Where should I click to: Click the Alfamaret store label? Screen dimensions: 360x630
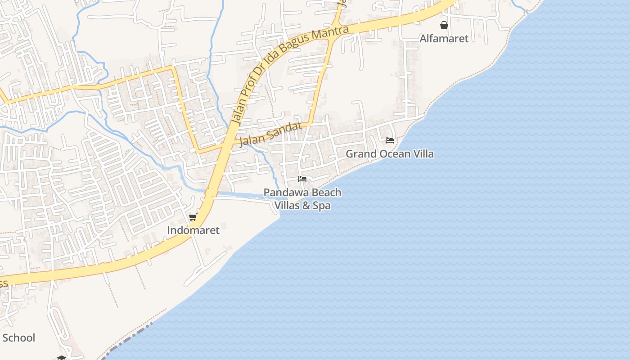coord(444,39)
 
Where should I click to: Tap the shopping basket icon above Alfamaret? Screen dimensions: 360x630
coord(444,25)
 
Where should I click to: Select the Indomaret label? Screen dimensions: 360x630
coord(193,230)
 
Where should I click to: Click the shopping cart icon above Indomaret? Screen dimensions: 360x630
coord(193,218)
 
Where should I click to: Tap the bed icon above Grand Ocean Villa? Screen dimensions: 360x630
coord(390,140)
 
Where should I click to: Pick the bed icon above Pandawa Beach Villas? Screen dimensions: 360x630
coord(302,179)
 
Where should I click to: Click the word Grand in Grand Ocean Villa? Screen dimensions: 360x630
coord(360,154)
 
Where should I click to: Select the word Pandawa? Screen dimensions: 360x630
coord(282,193)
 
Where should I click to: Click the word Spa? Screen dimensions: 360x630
coord(322,206)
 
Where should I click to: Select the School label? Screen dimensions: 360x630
coord(18,338)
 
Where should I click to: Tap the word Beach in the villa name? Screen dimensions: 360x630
coord(316,193)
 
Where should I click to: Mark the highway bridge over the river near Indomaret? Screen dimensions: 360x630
coord(210,193)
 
